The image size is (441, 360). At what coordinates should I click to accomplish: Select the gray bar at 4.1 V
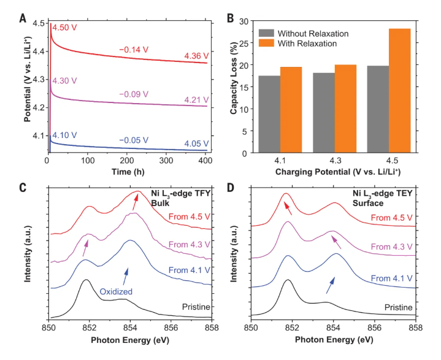point(270,114)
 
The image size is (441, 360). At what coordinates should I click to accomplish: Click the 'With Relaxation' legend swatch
point(266,44)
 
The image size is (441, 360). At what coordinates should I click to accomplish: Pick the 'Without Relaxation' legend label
point(313,33)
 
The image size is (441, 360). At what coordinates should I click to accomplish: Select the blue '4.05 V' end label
point(196,144)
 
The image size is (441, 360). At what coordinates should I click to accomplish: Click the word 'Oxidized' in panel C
point(117,292)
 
